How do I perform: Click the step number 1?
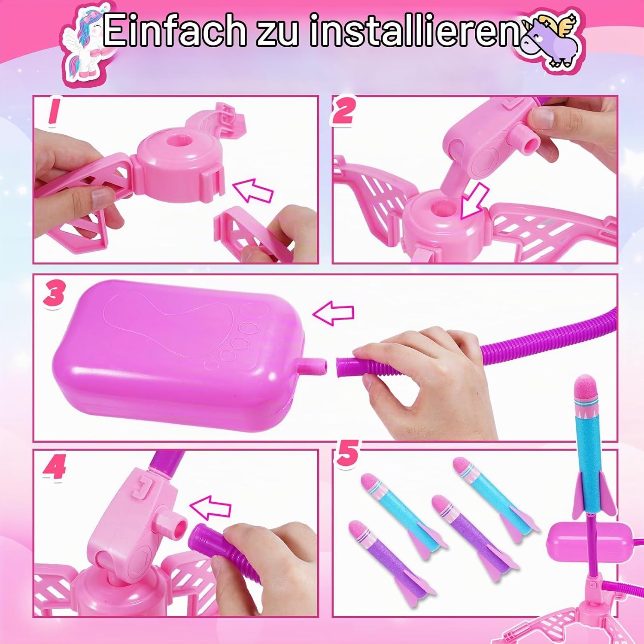(53, 112)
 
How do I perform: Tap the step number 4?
(54, 467)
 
